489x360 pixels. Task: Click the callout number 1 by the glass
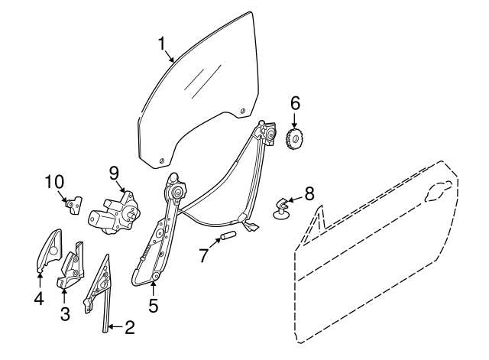161,44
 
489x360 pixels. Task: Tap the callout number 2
130,327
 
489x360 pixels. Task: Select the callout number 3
65,313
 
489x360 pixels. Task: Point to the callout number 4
39,299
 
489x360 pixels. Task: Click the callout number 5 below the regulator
154,305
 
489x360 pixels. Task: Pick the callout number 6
295,103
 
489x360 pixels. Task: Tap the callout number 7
203,255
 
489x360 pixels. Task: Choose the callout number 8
309,193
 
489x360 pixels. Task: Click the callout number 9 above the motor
114,174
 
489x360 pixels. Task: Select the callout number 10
54,182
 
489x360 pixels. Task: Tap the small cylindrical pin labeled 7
228,235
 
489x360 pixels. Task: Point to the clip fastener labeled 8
280,208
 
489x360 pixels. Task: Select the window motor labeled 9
115,213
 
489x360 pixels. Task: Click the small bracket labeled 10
74,205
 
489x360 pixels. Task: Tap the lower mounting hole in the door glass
161,161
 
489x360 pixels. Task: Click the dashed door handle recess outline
438,190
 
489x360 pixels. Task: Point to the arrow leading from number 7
215,243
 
